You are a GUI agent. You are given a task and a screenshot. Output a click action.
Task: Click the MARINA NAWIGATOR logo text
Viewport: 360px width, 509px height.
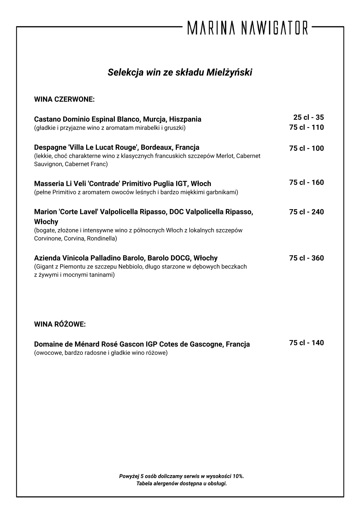[x=248, y=27]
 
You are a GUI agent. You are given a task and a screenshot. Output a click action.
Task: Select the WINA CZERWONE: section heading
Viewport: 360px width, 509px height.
[x=64, y=99]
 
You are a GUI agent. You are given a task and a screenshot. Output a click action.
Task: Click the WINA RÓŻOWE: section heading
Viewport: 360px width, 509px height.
[x=60, y=325]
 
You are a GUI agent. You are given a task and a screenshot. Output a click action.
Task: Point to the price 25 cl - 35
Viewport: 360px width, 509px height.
[x=308, y=117]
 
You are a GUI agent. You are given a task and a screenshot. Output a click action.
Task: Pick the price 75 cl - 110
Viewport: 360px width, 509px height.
[x=306, y=127]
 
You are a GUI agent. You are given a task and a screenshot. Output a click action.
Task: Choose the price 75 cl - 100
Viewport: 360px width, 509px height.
[x=306, y=148]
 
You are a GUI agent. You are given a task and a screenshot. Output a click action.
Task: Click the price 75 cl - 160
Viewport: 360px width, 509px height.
[x=306, y=183]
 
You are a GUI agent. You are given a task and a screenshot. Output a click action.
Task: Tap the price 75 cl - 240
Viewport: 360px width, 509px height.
[x=306, y=212]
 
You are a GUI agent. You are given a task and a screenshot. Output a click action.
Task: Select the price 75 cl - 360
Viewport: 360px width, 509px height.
[x=306, y=258]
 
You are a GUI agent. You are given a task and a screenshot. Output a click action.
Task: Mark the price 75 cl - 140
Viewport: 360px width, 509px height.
[x=306, y=343]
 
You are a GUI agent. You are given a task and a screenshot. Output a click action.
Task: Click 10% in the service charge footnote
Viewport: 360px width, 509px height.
[x=238, y=476]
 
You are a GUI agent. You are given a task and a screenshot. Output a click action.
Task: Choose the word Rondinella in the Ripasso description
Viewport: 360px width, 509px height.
[x=102, y=238]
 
